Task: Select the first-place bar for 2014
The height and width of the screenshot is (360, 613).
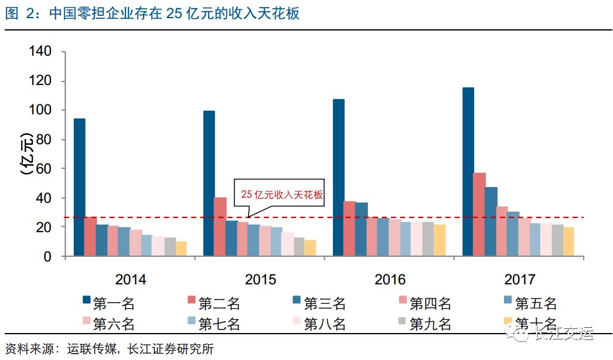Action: pos(79,187)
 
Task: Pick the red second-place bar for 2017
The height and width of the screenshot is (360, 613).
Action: pos(479,214)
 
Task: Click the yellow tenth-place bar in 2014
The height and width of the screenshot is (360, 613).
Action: pos(181,249)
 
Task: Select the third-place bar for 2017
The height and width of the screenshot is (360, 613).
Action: pos(491,221)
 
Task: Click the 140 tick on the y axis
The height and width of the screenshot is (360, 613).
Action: pos(40,52)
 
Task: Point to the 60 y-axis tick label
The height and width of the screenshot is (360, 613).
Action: pos(45,169)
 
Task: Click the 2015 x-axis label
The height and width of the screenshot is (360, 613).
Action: pos(260,279)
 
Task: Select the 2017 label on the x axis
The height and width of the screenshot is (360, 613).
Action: pos(519,279)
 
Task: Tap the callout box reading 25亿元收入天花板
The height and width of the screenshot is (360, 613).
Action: pos(280,193)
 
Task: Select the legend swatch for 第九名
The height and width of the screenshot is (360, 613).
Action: pos(402,321)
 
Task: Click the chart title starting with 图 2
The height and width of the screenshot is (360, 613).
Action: pos(152,13)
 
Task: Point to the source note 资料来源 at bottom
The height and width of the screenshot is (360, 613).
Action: pos(109,349)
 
